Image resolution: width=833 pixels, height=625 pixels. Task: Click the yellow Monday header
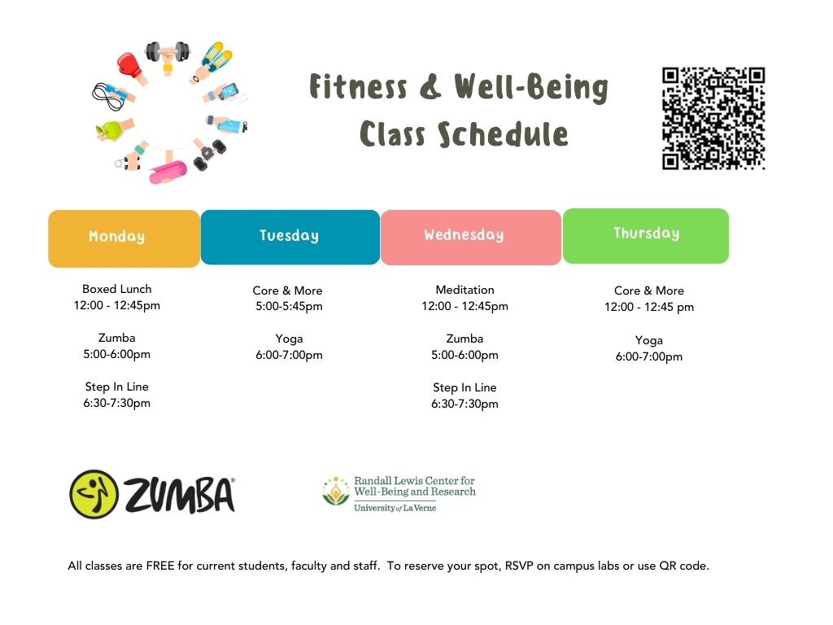point(124,238)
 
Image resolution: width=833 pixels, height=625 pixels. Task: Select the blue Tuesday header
point(290,237)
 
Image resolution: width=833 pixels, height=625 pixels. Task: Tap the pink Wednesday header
point(471,237)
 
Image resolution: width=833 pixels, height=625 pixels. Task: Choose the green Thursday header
point(645,236)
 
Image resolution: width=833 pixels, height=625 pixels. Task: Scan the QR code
point(713,118)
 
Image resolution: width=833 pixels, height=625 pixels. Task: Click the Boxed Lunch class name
point(117,289)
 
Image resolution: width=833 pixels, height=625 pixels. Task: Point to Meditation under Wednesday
point(464,290)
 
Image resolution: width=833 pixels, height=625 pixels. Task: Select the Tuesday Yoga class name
point(289,339)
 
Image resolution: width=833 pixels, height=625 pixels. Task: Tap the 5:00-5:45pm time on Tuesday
point(289,306)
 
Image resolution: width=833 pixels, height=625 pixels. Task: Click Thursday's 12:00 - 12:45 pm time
point(648,307)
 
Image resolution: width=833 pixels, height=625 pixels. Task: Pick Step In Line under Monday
point(117,387)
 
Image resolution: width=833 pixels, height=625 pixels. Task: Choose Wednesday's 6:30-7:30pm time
point(464,404)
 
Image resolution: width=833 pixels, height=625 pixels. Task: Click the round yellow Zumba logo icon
point(94,494)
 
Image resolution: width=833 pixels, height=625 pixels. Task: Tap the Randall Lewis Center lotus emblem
point(336,491)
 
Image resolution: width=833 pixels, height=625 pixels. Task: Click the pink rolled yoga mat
point(168,171)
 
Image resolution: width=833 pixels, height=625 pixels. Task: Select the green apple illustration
point(111,130)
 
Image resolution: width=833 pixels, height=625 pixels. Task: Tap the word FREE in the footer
point(160,566)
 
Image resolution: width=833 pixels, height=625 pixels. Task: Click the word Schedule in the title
point(503,134)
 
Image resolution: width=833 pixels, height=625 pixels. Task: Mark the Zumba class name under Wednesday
point(464,339)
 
